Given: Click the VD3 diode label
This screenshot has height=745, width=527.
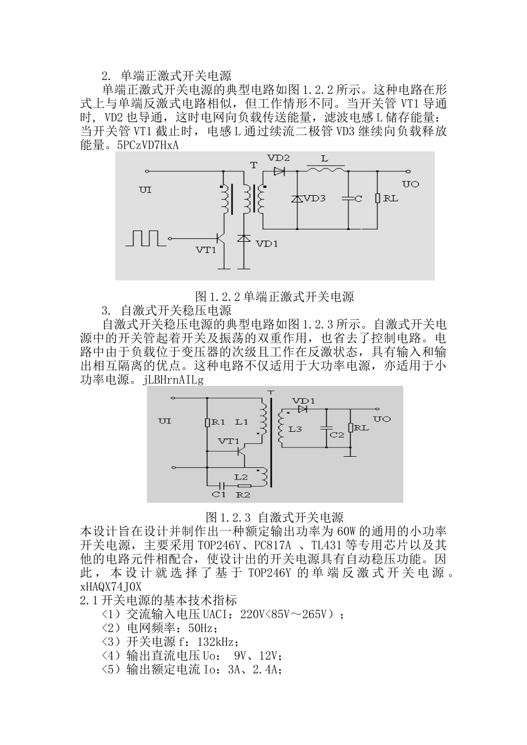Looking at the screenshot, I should pos(315,198).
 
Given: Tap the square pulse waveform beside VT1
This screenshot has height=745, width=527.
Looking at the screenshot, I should pos(146,238).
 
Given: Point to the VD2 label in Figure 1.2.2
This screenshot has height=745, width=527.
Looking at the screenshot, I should pos(278,158).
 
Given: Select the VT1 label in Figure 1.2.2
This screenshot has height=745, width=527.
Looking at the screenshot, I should pos(206,250).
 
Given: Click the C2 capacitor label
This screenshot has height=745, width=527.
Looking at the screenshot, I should pos(337,435).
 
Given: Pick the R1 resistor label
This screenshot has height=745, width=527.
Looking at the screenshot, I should pos(218,422).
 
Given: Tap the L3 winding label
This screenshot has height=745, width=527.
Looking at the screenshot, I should pos(295,428).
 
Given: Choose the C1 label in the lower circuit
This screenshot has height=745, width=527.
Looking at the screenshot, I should pos(220,494).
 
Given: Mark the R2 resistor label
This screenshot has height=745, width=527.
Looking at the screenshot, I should pos(244,494).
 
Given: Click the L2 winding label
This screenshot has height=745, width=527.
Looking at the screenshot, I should pos(241,477).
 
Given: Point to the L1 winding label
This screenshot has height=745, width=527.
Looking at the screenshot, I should pos(241,422).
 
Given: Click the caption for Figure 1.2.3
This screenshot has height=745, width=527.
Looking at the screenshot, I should pos(275,517).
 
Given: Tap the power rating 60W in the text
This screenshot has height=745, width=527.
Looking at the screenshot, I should pos(347,530).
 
